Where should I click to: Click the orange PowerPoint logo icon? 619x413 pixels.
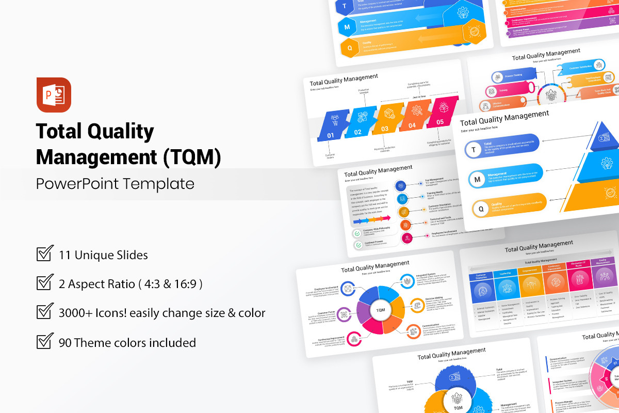coord(54,94)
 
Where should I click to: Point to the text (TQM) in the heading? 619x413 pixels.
coord(191,157)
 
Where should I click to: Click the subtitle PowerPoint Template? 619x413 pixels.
coord(115,184)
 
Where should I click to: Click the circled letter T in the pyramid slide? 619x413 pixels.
coord(473,150)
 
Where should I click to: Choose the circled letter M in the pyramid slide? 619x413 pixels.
coord(477,179)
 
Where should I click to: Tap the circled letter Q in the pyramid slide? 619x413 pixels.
coord(481,209)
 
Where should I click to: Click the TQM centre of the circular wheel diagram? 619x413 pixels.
coord(380,310)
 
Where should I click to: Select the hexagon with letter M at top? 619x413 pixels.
coord(347,27)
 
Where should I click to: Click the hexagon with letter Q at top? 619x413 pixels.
coord(350,48)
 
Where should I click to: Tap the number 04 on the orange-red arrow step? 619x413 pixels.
coord(412,125)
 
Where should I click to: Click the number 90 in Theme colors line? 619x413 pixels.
coord(66,342)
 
